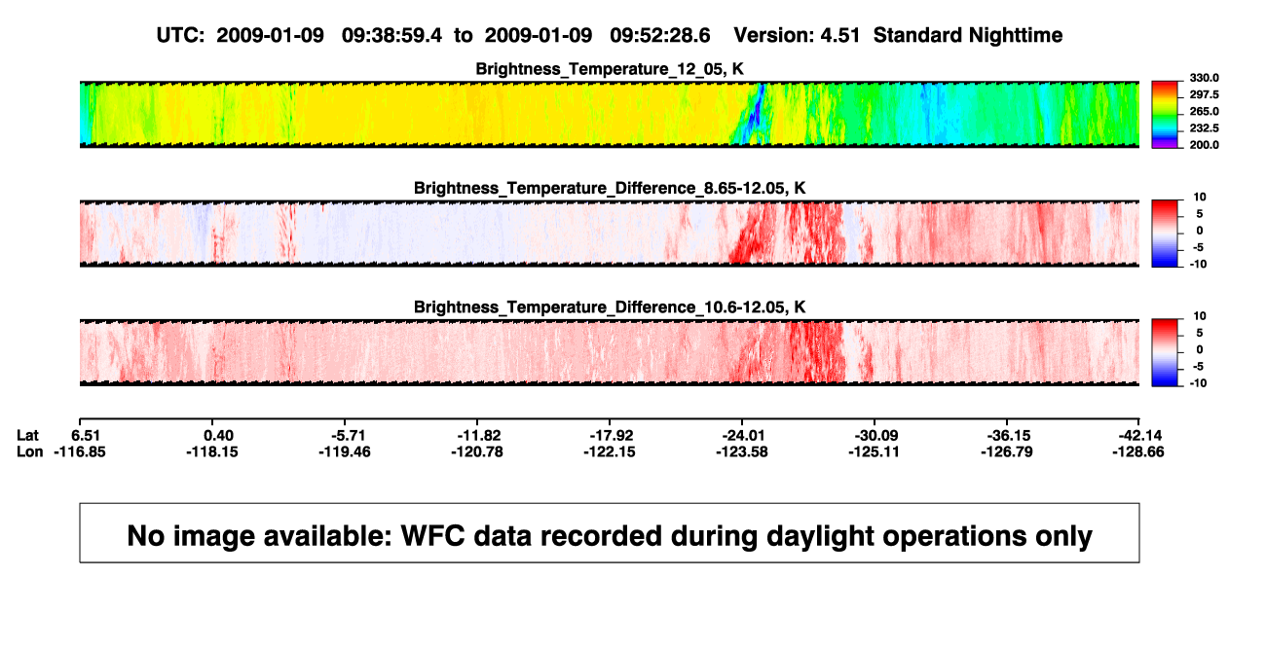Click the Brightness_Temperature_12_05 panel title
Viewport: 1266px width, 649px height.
[610, 69]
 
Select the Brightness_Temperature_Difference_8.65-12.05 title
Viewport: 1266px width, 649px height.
[610, 188]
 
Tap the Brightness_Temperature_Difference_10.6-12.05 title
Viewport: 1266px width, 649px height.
[610, 307]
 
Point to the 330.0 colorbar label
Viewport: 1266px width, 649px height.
[1204, 78]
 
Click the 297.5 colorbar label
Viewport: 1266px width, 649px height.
[1204, 95]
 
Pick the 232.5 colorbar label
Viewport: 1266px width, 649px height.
[1204, 128]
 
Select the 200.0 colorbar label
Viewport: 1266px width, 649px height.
[1204, 145]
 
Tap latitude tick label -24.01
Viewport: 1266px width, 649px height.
[743, 436]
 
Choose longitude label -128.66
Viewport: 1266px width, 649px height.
[1138, 451]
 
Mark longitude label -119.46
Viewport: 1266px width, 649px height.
[345, 451]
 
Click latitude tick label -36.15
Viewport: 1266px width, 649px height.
[1007, 436]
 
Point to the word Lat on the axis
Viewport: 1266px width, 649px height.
[27, 436]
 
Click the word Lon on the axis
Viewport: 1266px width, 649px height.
[29, 451]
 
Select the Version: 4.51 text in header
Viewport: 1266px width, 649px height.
[797, 35]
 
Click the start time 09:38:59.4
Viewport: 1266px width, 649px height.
[391, 35]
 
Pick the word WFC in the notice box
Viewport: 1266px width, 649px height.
[433, 535]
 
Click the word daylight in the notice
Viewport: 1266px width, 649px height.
[820, 536]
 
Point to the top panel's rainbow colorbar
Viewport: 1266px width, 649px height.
[1165, 115]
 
